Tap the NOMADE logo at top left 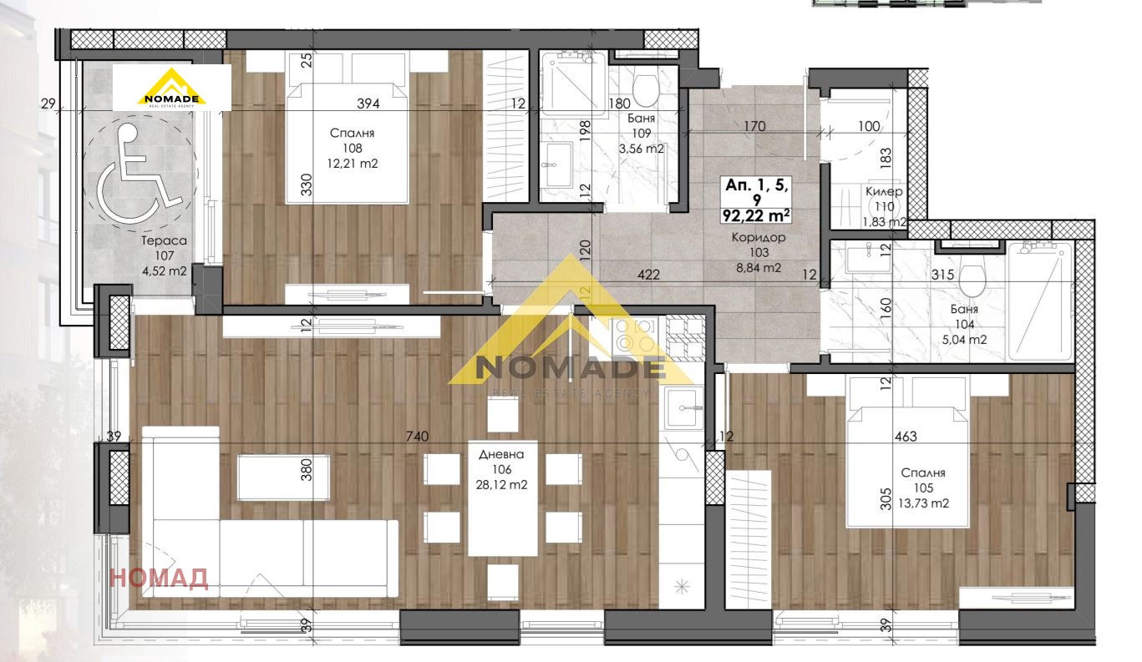(x=171, y=88)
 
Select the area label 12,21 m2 (x=353, y=164)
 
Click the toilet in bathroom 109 (x=643, y=88)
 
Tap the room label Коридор (x=757, y=237)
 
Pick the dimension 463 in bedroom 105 (x=906, y=436)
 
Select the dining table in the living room (x=502, y=498)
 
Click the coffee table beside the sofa (x=283, y=477)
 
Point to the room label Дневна (x=501, y=455)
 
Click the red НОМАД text (x=159, y=579)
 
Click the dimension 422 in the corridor (x=648, y=274)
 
